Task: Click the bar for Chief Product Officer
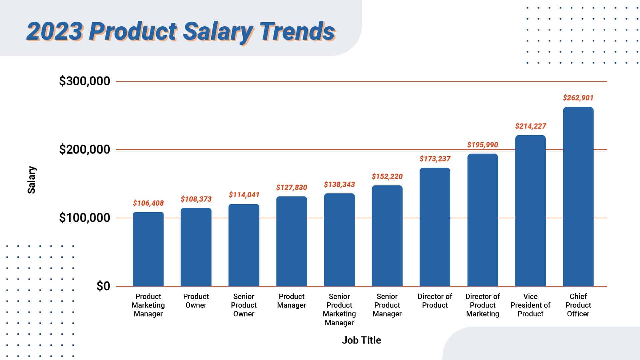[x=578, y=197]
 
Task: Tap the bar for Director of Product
[x=435, y=227]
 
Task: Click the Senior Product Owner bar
[x=244, y=245]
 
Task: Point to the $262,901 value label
[x=578, y=98]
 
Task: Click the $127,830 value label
[x=291, y=188]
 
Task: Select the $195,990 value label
[x=482, y=145]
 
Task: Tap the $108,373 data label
[x=196, y=199]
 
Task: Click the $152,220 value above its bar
[x=387, y=177]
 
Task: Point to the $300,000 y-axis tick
[x=85, y=81]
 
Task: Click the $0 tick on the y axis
[x=103, y=286]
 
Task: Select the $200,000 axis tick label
[x=85, y=150]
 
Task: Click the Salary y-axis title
[x=32, y=180]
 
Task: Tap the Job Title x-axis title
[x=361, y=340]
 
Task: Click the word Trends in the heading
[x=297, y=32]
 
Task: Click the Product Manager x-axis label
[x=291, y=301]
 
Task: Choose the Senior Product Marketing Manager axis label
[x=339, y=310]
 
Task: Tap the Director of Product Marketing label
[x=482, y=305]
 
